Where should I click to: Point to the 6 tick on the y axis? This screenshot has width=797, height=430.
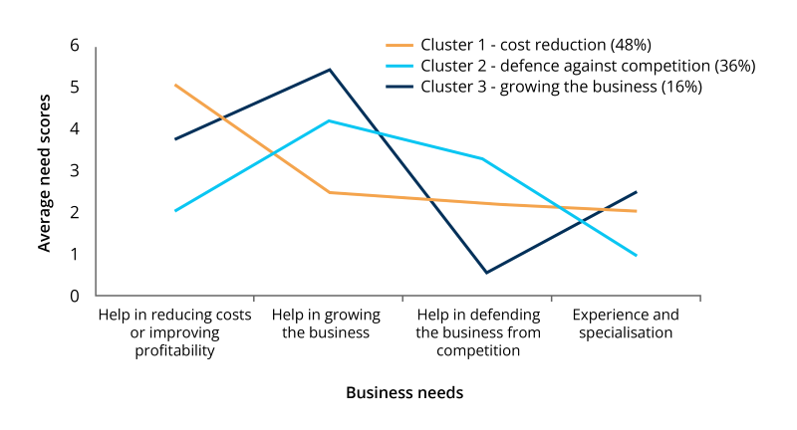74,45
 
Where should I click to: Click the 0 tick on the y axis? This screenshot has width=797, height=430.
74,296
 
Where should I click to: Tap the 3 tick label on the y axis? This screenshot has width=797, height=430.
74,170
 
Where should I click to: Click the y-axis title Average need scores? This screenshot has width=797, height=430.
45,170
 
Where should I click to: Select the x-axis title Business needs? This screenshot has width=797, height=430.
404,392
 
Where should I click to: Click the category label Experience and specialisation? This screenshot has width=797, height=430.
626,323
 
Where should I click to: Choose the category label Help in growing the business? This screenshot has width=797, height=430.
326,323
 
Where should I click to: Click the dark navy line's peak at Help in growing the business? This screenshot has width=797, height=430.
329,70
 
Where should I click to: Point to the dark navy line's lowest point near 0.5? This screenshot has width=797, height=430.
485,273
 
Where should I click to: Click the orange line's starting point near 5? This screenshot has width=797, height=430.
175,85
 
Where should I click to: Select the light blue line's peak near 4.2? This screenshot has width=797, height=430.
329,120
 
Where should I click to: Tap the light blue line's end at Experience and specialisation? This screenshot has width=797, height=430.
636,256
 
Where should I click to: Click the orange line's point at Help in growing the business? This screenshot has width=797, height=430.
329,192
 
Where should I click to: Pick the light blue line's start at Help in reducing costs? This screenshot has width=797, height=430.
175,211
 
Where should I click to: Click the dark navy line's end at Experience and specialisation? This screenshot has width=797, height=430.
636,192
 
